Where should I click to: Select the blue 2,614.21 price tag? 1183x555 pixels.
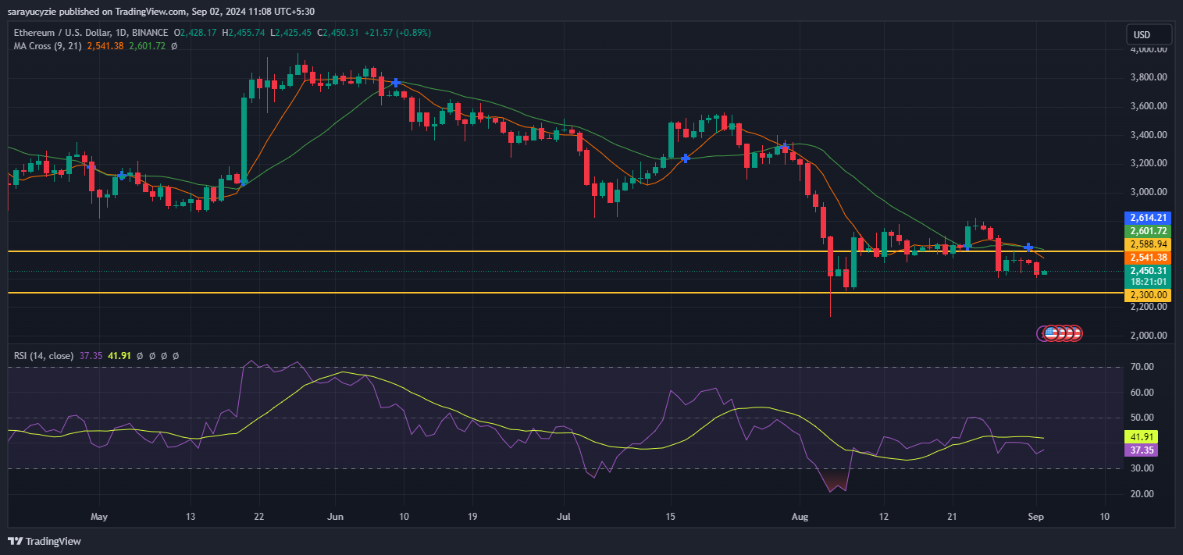click(1146, 218)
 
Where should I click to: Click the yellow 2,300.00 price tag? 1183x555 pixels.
click(1146, 295)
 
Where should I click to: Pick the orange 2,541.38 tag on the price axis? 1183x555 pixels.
click(1146, 258)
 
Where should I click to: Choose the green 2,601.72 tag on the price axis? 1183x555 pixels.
click(1146, 231)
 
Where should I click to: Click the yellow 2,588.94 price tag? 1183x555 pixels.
click(1146, 244)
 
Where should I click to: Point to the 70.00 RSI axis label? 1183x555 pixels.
click(1142, 367)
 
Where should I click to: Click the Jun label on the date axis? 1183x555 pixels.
click(335, 517)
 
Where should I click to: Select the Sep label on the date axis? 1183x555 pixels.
click(1035, 517)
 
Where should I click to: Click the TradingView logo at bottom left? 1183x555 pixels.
click(45, 541)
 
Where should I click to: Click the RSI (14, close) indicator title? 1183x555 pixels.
click(44, 356)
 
